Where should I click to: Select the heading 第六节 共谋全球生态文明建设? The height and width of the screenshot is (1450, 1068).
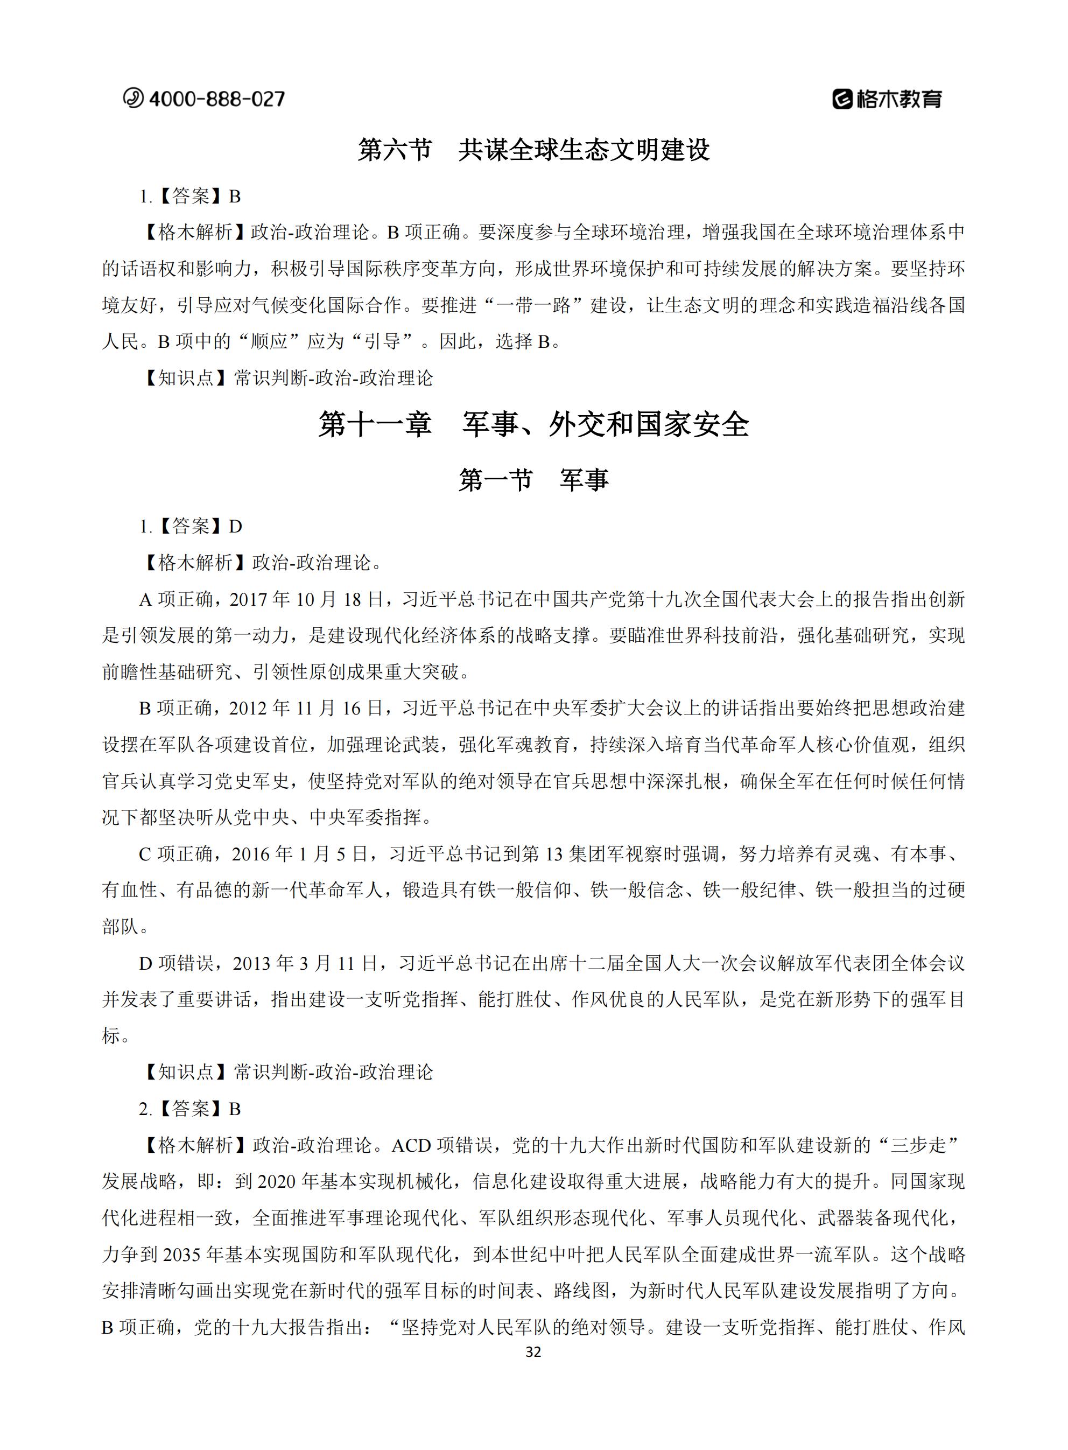533,150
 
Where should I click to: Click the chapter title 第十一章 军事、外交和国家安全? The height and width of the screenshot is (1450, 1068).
533,425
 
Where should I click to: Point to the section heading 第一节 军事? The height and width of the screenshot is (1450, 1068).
533,480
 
